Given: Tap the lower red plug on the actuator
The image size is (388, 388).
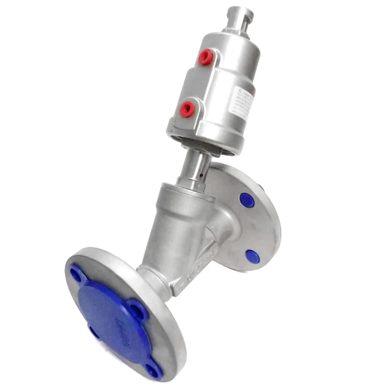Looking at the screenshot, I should point(187,109).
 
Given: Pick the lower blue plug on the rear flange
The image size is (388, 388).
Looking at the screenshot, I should point(252,257).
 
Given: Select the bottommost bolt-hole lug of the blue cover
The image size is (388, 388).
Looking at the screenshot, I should point(153,371).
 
